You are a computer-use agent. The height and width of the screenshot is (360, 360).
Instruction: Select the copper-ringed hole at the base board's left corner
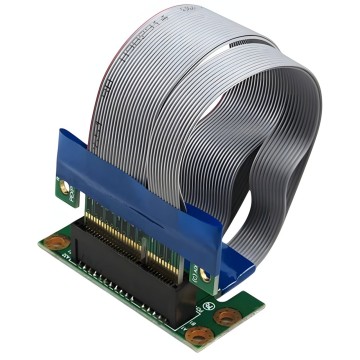pyautogui.click(x=58, y=242)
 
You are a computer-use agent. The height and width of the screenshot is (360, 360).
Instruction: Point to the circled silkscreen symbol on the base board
pyautogui.click(x=208, y=304)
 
